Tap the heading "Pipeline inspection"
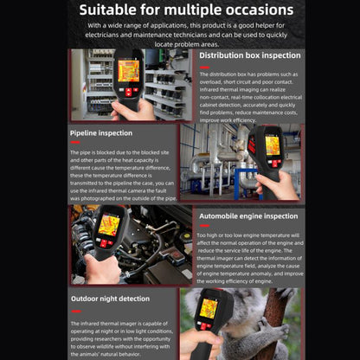tap(101, 132)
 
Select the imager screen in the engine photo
tap(109, 226)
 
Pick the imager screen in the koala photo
tap(209, 308)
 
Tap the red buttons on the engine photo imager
tap(106, 243)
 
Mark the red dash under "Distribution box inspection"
tap(203, 65)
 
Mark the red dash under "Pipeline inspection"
tap(74, 143)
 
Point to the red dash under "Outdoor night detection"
tap(74, 308)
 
